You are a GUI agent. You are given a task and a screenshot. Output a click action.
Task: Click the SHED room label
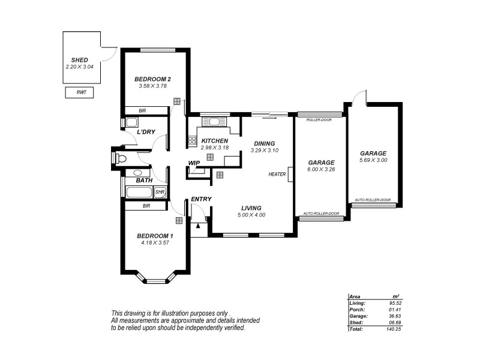(80, 61)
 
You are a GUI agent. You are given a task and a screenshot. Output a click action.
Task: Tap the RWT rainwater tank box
(81, 92)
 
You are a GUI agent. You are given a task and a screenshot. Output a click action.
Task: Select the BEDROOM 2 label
(153, 79)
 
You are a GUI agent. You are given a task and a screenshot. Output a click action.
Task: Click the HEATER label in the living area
(277, 174)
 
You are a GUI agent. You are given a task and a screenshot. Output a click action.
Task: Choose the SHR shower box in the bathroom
(160, 192)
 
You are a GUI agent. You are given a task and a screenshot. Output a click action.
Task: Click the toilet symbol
(120, 158)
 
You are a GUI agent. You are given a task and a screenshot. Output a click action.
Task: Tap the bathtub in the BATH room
(139, 192)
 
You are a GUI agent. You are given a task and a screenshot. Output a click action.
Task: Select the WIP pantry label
(194, 163)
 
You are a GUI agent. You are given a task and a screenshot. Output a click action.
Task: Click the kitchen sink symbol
(214, 122)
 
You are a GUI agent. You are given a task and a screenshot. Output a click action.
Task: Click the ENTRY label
(201, 199)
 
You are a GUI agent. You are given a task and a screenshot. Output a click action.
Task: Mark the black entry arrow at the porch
(197, 226)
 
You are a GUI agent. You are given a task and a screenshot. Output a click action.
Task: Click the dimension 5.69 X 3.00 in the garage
(373, 160)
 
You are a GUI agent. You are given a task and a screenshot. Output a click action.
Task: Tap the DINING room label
(264, 143)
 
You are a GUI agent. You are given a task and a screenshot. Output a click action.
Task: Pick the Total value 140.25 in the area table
(392, 328)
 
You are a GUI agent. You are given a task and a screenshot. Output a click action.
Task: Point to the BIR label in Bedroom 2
(142, 110)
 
